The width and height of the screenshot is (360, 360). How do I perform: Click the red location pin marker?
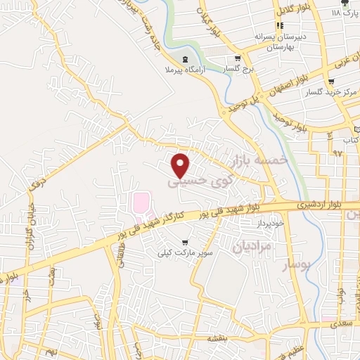[x=181, y=165]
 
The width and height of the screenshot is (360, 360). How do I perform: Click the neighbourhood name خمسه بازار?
[x=265, y=162]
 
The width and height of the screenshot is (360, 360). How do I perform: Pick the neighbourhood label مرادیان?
[x=251, y=247]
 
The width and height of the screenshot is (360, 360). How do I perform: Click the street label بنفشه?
[x=215, y=337]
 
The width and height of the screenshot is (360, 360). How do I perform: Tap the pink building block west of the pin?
[x=141, y=203]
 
